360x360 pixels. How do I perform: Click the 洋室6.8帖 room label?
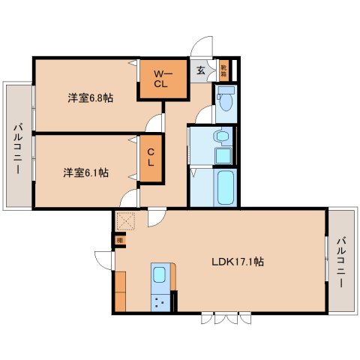coord(90,97)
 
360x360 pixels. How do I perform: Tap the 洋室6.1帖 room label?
coord(85,172)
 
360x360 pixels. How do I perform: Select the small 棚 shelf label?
coord(119,240)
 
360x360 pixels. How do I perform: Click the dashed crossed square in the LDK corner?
coord(124,221)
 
